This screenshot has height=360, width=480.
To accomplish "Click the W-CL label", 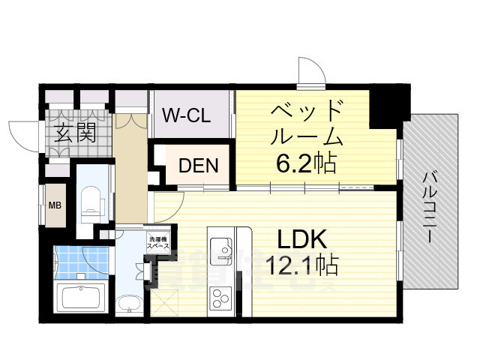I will click(187, 117).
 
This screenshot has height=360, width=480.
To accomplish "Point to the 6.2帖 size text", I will click(305, 162).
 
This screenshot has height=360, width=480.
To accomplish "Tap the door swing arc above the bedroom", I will click(310, 71).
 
